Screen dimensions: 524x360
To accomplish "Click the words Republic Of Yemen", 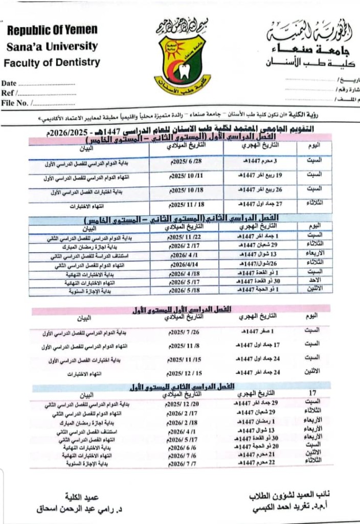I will [52, 30].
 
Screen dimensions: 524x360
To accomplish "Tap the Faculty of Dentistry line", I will [52, 63].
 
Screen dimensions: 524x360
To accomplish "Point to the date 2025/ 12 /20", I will [182, 404].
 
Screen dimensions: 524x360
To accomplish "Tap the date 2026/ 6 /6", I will [183, 447].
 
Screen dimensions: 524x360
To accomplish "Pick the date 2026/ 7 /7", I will [183, 463].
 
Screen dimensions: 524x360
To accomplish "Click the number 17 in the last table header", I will [312, 393].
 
